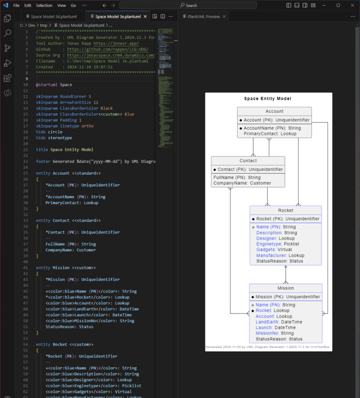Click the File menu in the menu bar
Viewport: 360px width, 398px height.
point(16,5)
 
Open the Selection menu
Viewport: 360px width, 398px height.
point(44,5)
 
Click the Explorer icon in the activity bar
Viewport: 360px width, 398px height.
point(7,19)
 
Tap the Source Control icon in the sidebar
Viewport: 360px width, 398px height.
point(7,48)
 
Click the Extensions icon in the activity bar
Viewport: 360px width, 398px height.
point(7,78)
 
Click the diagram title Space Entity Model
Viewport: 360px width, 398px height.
point(268,99)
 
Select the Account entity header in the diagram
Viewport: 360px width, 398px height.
point(274,111)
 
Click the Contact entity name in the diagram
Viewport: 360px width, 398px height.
point(248,161)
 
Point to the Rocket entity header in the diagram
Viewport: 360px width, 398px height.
point(285,210)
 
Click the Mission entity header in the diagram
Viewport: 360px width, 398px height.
point(285,288)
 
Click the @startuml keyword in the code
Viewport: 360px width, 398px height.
point(47,85)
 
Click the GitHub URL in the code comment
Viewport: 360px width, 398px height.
point(107,49)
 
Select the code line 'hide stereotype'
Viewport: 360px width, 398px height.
point(54,138)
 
